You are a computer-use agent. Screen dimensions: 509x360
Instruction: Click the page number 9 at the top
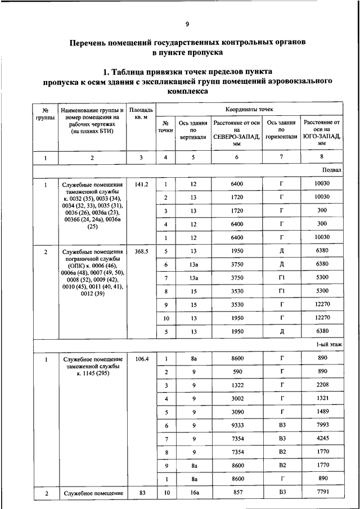[187, 24]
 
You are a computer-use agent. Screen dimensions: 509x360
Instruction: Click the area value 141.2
[141, 184]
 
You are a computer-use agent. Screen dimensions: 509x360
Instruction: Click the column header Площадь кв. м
[141, 112]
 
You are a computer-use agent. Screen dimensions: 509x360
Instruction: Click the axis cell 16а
[193, 493]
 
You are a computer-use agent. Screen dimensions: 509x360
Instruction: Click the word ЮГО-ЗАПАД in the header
[322, 137]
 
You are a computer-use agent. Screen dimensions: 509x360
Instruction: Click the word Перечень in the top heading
[91, 42]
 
